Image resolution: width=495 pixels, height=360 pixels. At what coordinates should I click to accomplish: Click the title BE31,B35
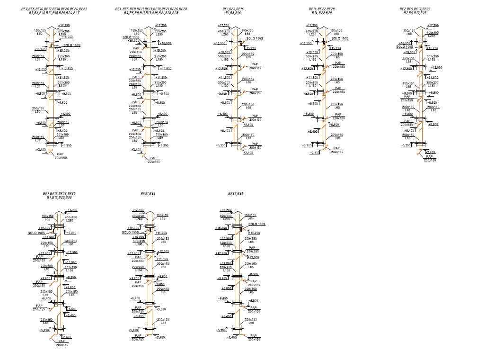pos(148,194)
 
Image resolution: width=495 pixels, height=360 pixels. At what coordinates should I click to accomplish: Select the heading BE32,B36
pos(235,194)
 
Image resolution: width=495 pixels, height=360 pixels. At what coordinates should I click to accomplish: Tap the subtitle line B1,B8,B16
pos(234,13)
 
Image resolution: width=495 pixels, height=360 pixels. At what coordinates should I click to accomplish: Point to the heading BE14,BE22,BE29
pos(322,9)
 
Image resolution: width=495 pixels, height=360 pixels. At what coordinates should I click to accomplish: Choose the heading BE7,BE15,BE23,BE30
pos(59,193)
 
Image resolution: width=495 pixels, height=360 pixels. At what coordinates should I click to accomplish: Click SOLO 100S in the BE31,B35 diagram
pos(130,232)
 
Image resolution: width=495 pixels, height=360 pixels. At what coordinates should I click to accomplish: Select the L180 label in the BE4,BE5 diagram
pos(159,60)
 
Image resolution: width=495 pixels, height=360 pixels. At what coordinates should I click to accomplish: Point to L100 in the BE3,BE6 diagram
pos(63,85)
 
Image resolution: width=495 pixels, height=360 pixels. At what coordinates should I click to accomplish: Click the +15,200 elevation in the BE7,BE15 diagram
pos(71,233)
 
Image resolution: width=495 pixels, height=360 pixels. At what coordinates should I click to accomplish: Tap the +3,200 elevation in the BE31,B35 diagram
pos(134,330)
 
